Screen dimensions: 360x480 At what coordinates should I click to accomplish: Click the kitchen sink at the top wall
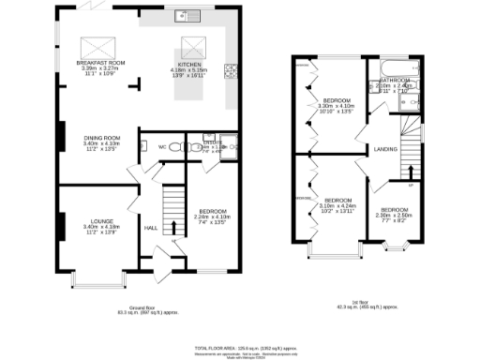pyautogui.click(x=185, y=16)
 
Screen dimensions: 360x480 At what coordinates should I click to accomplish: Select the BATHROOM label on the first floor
pyautogui.click(x=396, y=81)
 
